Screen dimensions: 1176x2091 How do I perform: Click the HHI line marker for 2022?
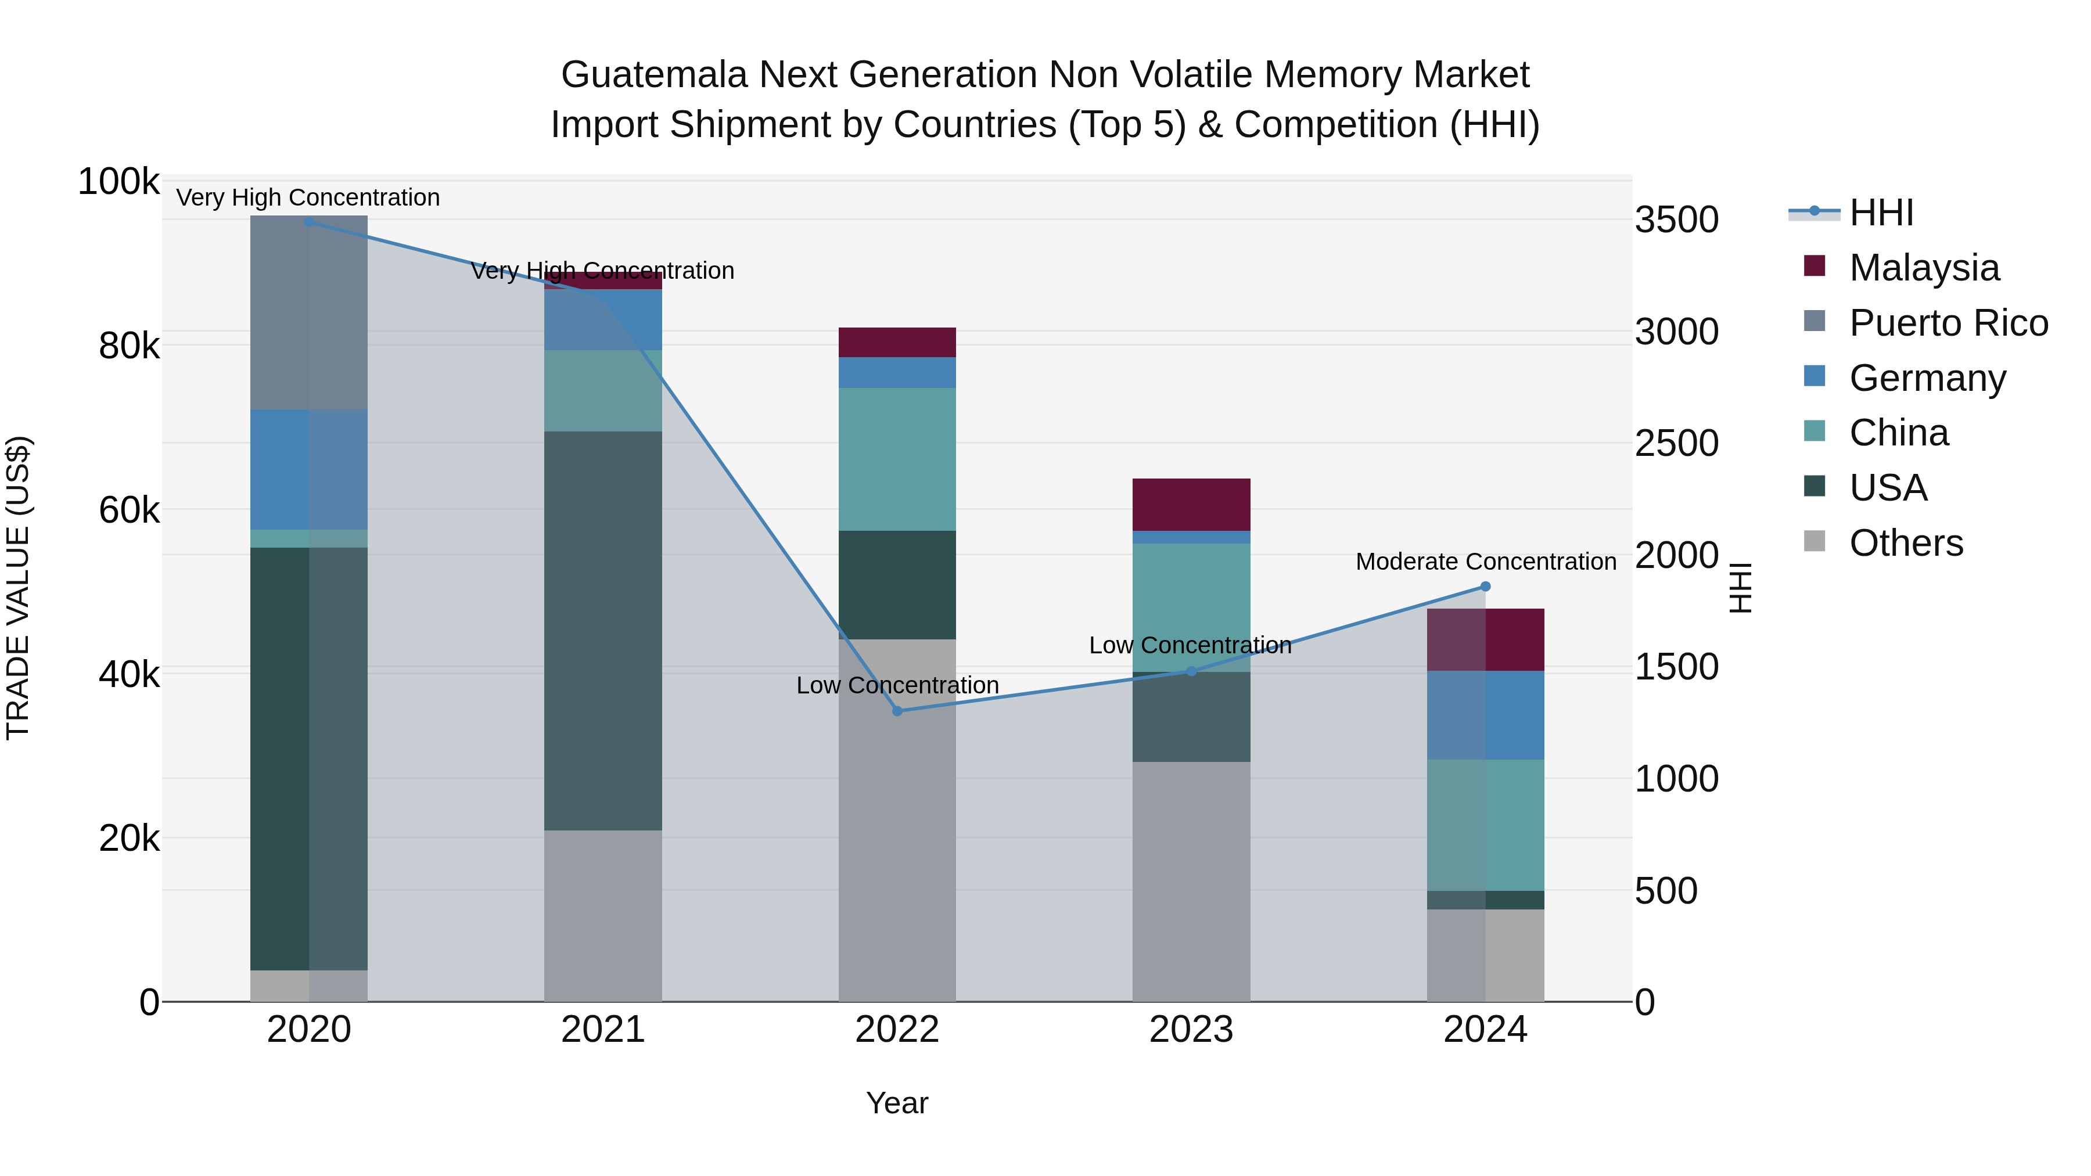click(897, 711)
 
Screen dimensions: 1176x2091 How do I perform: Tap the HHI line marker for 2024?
click(1485, 586)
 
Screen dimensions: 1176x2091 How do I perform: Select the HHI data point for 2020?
click(309, 222)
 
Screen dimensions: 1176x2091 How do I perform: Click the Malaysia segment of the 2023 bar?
click(1191, 504)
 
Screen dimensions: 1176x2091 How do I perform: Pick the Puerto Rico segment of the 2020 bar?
click(309, 312)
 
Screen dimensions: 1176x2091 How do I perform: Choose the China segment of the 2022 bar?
click(897, 459)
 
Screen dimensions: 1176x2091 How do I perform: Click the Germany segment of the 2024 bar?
click(1485, 715)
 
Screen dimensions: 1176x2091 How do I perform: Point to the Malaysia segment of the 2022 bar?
click(897, 341)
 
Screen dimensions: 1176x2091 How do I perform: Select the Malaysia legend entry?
click(1924, 268)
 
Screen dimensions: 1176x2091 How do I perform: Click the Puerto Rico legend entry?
click(1948, 323)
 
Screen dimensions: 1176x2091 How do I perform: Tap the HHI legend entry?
click(1881, 213)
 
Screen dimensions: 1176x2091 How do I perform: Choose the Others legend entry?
click(1905, 543)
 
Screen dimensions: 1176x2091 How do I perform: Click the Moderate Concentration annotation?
click(1485, 562)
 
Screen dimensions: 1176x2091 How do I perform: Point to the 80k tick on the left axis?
click(128, 347)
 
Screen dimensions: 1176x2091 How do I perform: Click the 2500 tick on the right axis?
click(1676, 443)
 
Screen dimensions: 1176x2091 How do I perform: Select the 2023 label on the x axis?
click(1191, 1030)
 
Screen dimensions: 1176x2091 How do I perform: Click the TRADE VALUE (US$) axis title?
click(18, 588)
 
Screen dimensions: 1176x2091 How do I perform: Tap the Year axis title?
click(897, 1103)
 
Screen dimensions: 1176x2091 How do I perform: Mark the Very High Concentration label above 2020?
click(308, 197)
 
